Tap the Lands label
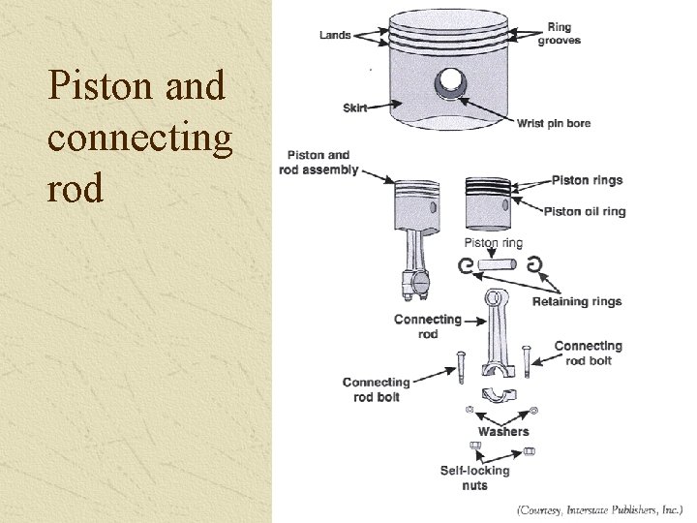point(335,36)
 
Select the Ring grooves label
point(559,34)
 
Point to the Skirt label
point(355,108)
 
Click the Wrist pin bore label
point(553,123)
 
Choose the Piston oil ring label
point(585,211)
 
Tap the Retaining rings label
point(577,301)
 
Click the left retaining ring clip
point(464,264)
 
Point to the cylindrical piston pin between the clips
point(500,264)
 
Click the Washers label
point(503,431)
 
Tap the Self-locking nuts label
point(474,477)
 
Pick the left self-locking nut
point(475,446)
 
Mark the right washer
point(533,411)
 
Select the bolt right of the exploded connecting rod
point(527,360)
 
